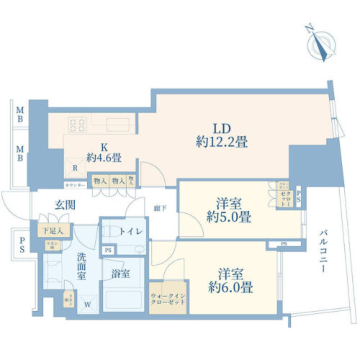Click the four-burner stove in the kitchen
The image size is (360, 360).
click(76, 125)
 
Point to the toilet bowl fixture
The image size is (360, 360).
click(112, 232)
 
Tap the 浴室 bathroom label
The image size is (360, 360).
click(120, 274)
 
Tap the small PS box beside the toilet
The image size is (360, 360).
click(107, 250)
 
